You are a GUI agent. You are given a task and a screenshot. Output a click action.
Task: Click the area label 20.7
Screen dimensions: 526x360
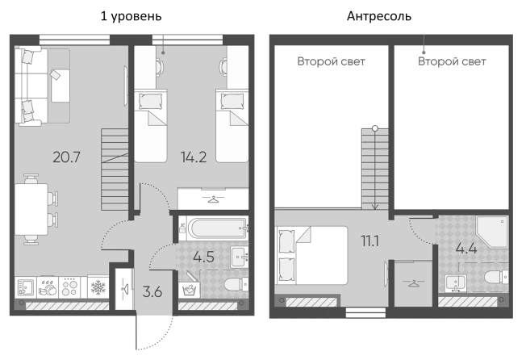66,157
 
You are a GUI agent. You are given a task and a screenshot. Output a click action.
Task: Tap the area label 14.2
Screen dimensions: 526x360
194,157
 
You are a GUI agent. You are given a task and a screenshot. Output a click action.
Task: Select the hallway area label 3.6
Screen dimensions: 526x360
152,292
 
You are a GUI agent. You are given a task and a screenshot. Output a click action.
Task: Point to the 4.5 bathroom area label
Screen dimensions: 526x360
203,257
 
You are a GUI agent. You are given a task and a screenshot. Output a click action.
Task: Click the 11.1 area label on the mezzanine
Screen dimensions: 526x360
369,241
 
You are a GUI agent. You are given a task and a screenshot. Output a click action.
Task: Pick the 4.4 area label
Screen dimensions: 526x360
466,249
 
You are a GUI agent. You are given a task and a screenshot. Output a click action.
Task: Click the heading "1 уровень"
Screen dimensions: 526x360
131,16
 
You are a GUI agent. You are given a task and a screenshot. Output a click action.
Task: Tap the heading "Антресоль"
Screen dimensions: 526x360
379,16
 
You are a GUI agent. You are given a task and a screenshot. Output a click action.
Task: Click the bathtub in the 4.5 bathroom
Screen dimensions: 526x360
217,228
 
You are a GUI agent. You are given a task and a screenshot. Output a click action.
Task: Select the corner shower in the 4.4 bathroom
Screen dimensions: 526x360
492,232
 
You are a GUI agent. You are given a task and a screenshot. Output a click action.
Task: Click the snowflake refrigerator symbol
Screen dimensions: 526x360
98,287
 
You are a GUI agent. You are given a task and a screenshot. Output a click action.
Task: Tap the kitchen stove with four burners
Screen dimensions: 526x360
69,287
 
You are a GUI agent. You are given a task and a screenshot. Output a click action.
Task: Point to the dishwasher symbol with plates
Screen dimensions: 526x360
48,287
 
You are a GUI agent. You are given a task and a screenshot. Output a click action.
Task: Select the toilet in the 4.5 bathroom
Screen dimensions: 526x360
236,286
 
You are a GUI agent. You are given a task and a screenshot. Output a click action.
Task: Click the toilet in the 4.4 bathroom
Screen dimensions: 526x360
496,277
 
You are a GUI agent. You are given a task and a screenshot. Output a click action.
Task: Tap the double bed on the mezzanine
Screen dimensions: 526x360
311,255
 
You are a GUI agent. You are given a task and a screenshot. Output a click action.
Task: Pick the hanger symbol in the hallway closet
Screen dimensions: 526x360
126,288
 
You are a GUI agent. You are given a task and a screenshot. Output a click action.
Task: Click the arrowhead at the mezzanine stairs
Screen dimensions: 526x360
375,207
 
